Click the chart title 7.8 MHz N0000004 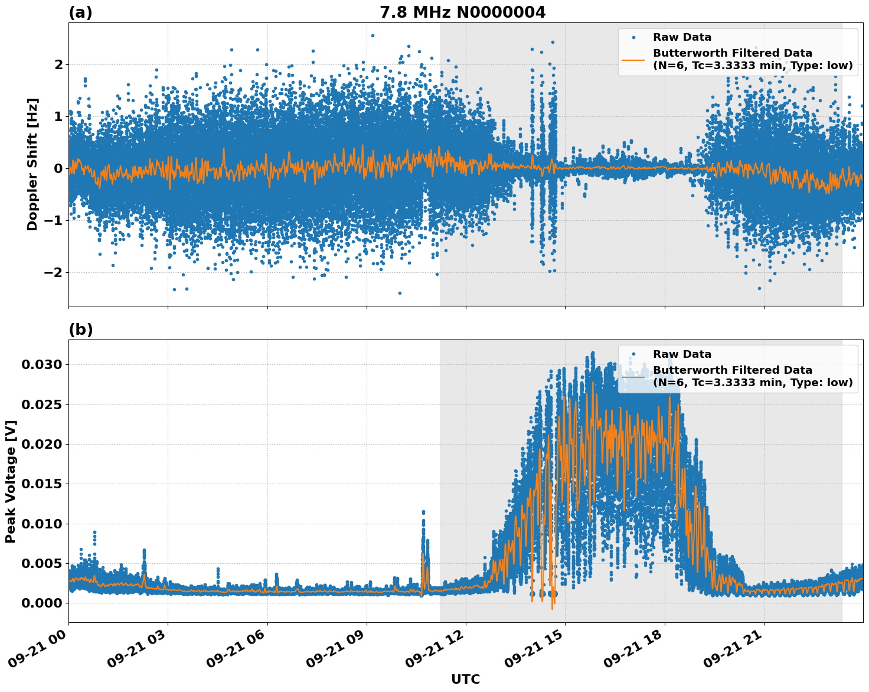[x=462, y=12]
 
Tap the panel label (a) [x=80, y=12]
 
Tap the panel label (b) [x=80, y=329]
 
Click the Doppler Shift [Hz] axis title [x=32, y=164]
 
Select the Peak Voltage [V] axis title [x=11, y=481]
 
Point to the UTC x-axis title [x=465, y=679]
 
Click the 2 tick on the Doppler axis [x=58, y=64]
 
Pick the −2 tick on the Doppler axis [x=54, y=272]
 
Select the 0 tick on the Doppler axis [x=58, y=168]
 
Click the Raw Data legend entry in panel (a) [x=682, y=37]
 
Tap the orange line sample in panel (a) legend [x=633, y=60]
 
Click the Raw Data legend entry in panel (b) [x=682, y=354]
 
